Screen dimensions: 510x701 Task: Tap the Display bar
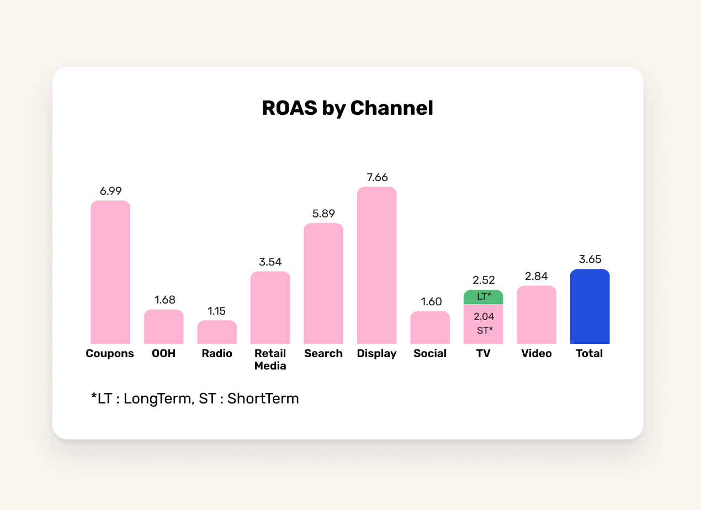376,265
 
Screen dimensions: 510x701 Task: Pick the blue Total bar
590,306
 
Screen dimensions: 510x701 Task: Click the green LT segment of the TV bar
483,297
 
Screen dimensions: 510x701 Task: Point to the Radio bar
217,332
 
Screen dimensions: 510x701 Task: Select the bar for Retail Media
270,307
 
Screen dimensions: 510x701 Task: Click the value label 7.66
377,178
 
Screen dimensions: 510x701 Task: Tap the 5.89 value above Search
323,214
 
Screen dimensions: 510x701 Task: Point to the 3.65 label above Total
590,259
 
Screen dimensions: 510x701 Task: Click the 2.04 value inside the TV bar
484,317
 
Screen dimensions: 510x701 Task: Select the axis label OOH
163,354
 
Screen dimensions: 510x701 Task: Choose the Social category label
429,354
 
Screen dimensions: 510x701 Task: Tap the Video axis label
537,354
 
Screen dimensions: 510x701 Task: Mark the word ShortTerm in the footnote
263,399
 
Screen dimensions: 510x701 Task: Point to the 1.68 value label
164,300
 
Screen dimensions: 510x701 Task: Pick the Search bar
323,284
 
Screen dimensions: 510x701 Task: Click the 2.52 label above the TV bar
484,280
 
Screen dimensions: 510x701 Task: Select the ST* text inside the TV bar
484,331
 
